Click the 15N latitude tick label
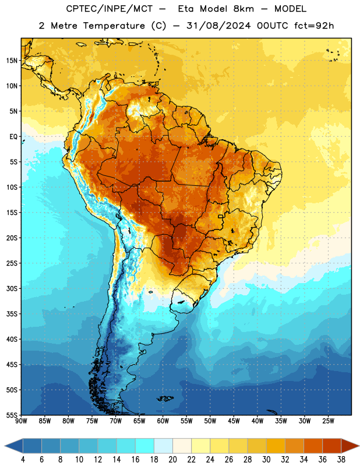pos(12,61)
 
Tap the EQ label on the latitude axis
pos(13,137)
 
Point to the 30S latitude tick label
pos(12,288)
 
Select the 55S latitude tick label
pos(12,415)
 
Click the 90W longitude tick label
pos(21,421)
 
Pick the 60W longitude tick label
pos(163,421)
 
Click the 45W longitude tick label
pos(234,421)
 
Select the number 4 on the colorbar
pos(23,460)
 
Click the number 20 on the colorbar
pos(172,460)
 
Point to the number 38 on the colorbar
pos(341,460)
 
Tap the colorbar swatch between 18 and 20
pos(163,446)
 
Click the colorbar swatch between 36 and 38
pos(332,446)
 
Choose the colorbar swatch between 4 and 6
pos(32,446)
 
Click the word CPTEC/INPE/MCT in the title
pos(109,9)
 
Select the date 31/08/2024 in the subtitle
pos(218,26)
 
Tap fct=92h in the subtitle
pos(314,26)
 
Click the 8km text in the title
pos(243,9)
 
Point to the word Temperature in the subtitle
pos(114,26)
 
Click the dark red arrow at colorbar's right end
pos(350,446)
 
